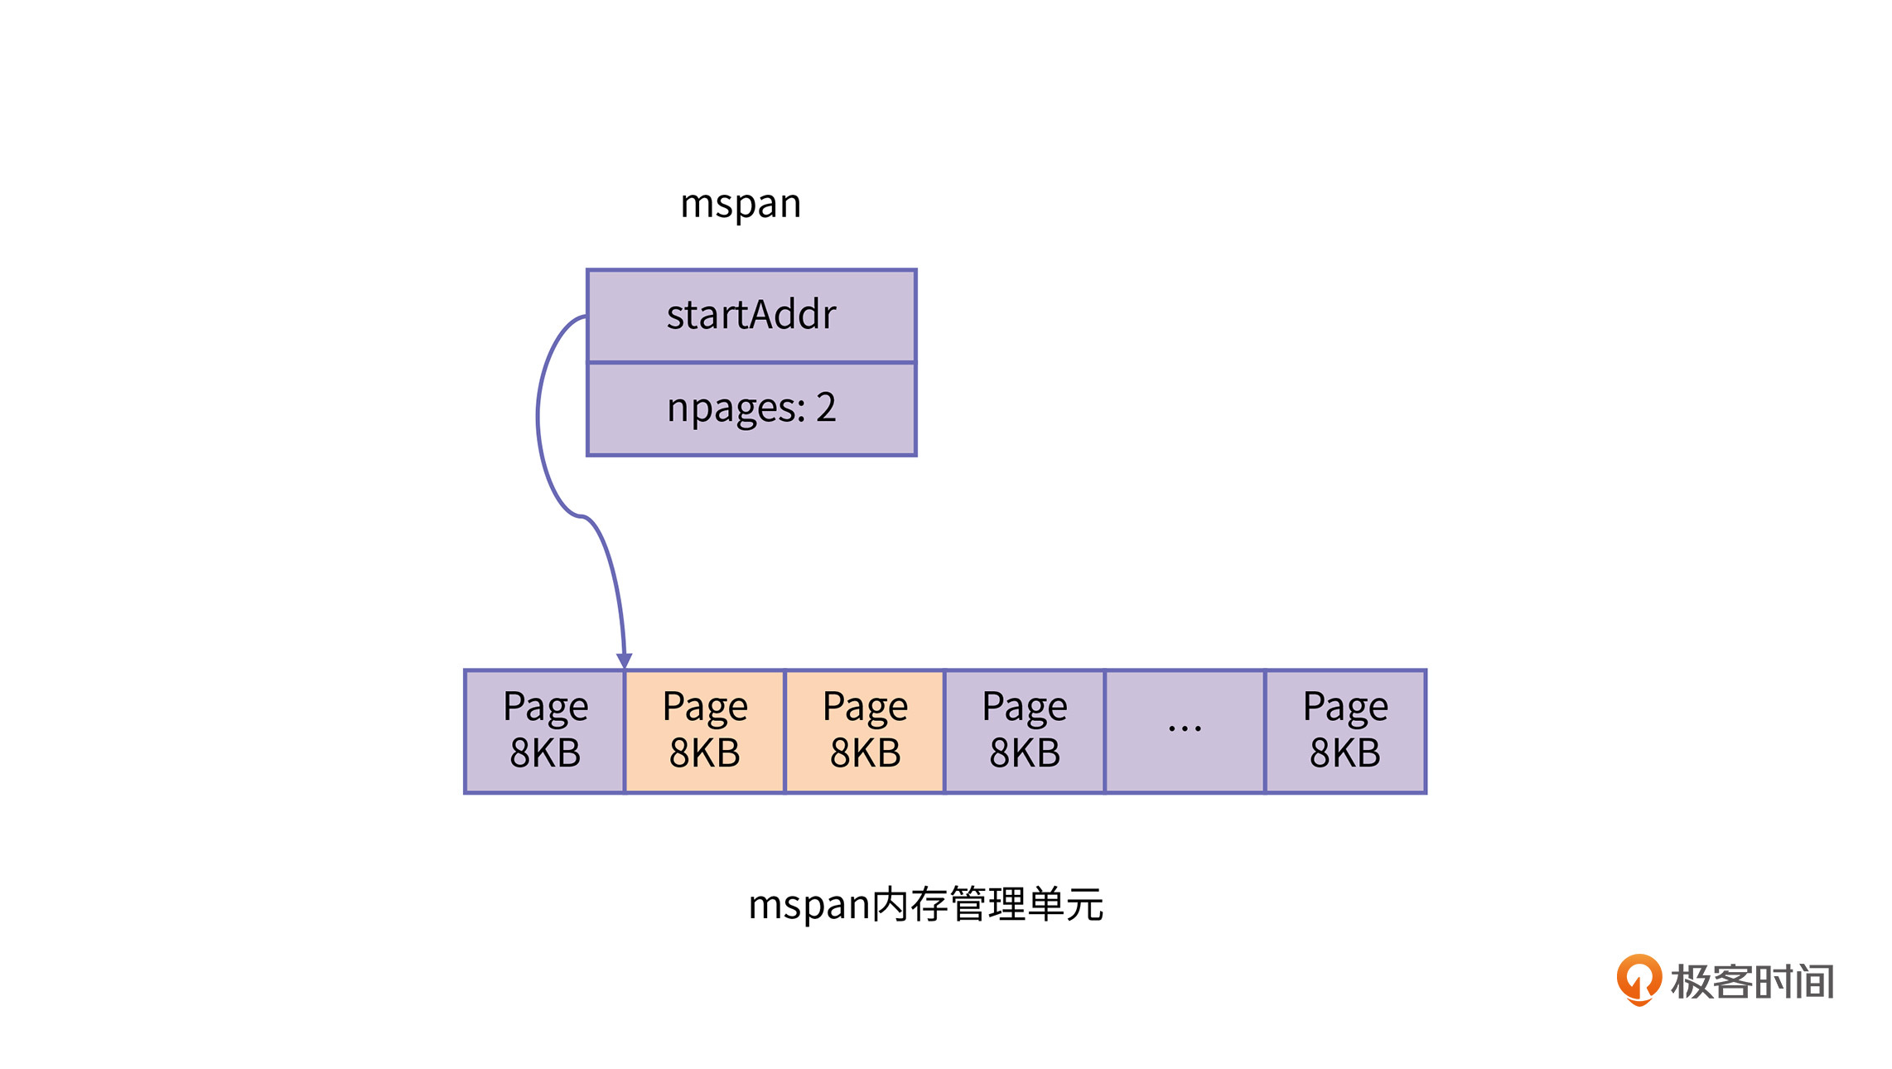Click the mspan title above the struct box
[x=740, y=204]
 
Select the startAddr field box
[x=751, y=316]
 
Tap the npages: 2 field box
[x=751, y=409]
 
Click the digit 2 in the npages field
[x=825, y=407]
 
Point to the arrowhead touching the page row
[x=625, y=660]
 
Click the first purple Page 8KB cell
[x=545, y=731]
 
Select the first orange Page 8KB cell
[x=705, y=731]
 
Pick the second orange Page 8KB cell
[x=865, y=731]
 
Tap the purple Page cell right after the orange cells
[x=1025, y=731]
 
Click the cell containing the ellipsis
[x=1185, y=731]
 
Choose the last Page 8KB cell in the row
[x=1345, y=731]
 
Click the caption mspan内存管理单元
[x=925, y=904]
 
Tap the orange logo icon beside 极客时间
[x=1639, y=980]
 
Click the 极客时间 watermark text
[x=1752, y=982]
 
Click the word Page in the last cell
[x=1345, y=708]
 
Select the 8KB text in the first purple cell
[x=545, y=753]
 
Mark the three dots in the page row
[x=1185, y=729]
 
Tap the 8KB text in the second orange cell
[x=865, y=753]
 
